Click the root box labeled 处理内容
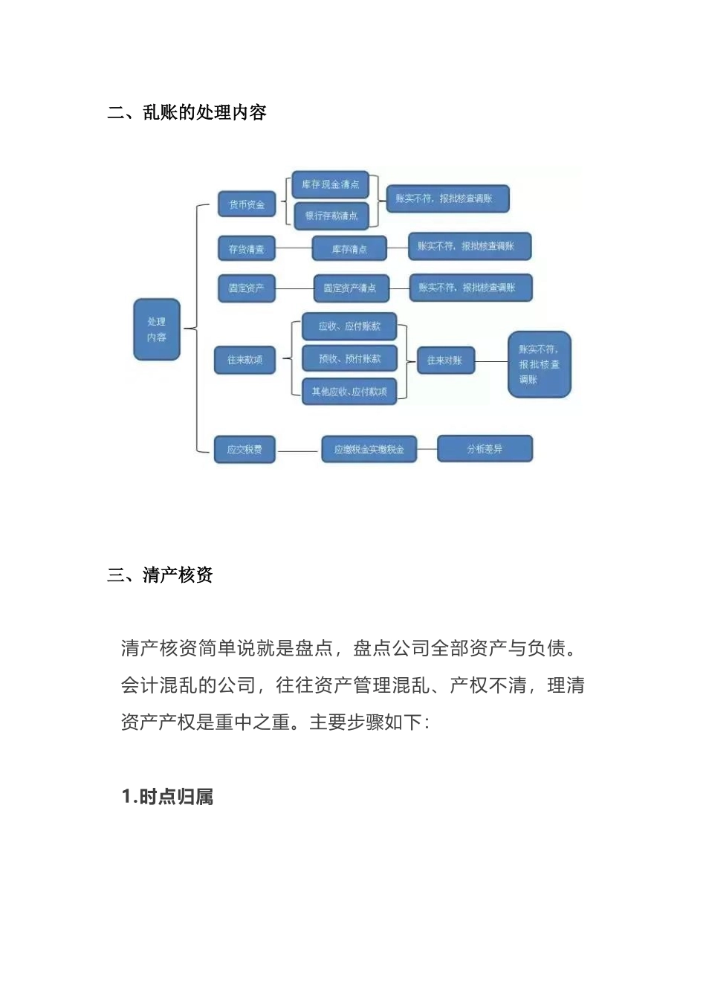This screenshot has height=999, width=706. [x=157, y=329]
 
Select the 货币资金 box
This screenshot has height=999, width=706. [x=246, y=204]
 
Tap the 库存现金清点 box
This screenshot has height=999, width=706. [x=330, y=184]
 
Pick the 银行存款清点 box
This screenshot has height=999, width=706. [x=331, y=216]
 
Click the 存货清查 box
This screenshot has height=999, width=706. [x=246, y=249]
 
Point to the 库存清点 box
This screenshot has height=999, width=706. [x=349, y=249]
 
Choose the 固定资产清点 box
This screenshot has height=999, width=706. [x=350, y=288]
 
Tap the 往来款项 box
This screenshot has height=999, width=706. [x=244, y=360]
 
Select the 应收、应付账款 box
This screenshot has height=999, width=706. [x=349, y=326]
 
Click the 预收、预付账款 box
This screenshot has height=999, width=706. [x=349, y=358]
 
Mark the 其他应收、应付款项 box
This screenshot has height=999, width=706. [x=349, y=391]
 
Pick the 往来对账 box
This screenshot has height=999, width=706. [x=445, y=361]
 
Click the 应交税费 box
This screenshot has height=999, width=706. [x=244, y=450]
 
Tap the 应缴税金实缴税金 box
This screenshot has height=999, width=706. [x=369, y=450]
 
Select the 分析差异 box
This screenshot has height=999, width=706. [x=485, y=449]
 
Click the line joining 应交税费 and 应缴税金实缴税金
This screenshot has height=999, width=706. [x=298, y=450]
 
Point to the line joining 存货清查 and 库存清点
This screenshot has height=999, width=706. [x=294, y=248]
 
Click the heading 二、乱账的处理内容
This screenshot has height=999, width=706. [x=187, y=113]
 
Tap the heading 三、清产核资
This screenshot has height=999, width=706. [x=161, y=575]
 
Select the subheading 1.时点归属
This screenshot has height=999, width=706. [x=168, y=797]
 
